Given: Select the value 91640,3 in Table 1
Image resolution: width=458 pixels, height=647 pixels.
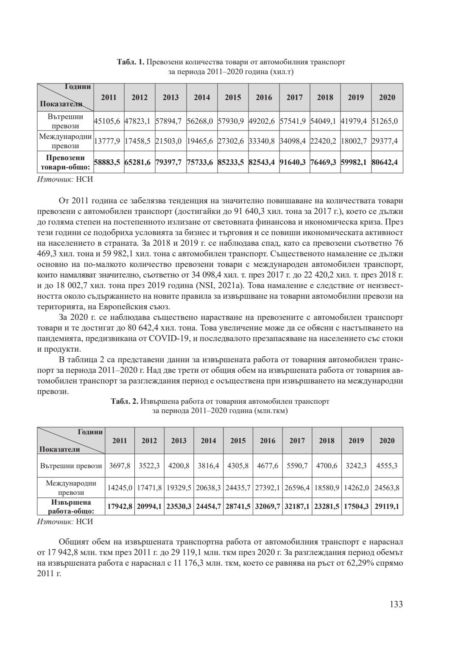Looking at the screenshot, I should point(294,162).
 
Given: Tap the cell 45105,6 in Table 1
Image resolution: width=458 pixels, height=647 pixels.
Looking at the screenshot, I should point(109,121).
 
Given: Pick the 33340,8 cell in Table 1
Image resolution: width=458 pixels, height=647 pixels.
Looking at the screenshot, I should point(264,141).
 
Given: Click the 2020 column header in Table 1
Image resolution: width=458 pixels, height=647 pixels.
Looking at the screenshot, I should point(387,97).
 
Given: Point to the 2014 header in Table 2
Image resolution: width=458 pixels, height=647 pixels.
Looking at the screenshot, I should point(208,441).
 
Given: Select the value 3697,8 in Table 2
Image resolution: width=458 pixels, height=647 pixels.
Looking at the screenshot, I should point(120,466).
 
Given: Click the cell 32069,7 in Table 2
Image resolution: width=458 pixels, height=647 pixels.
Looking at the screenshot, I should point(268,506).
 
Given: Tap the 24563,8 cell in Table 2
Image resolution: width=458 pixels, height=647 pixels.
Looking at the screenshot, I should point(387,488).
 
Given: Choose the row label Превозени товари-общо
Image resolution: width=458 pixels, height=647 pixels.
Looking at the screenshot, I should point(65,162).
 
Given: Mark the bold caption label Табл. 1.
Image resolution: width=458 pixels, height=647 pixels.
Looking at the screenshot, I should point(131,62).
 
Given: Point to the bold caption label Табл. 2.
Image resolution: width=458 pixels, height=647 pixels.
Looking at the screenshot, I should point(125,401).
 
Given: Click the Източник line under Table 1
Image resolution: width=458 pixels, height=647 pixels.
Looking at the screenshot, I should point(65,179).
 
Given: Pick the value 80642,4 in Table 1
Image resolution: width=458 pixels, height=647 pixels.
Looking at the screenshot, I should point(387,162).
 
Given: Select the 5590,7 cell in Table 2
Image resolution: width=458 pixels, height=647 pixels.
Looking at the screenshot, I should point(297,466).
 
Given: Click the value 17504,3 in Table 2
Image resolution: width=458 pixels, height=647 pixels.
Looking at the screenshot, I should point(356,506).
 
